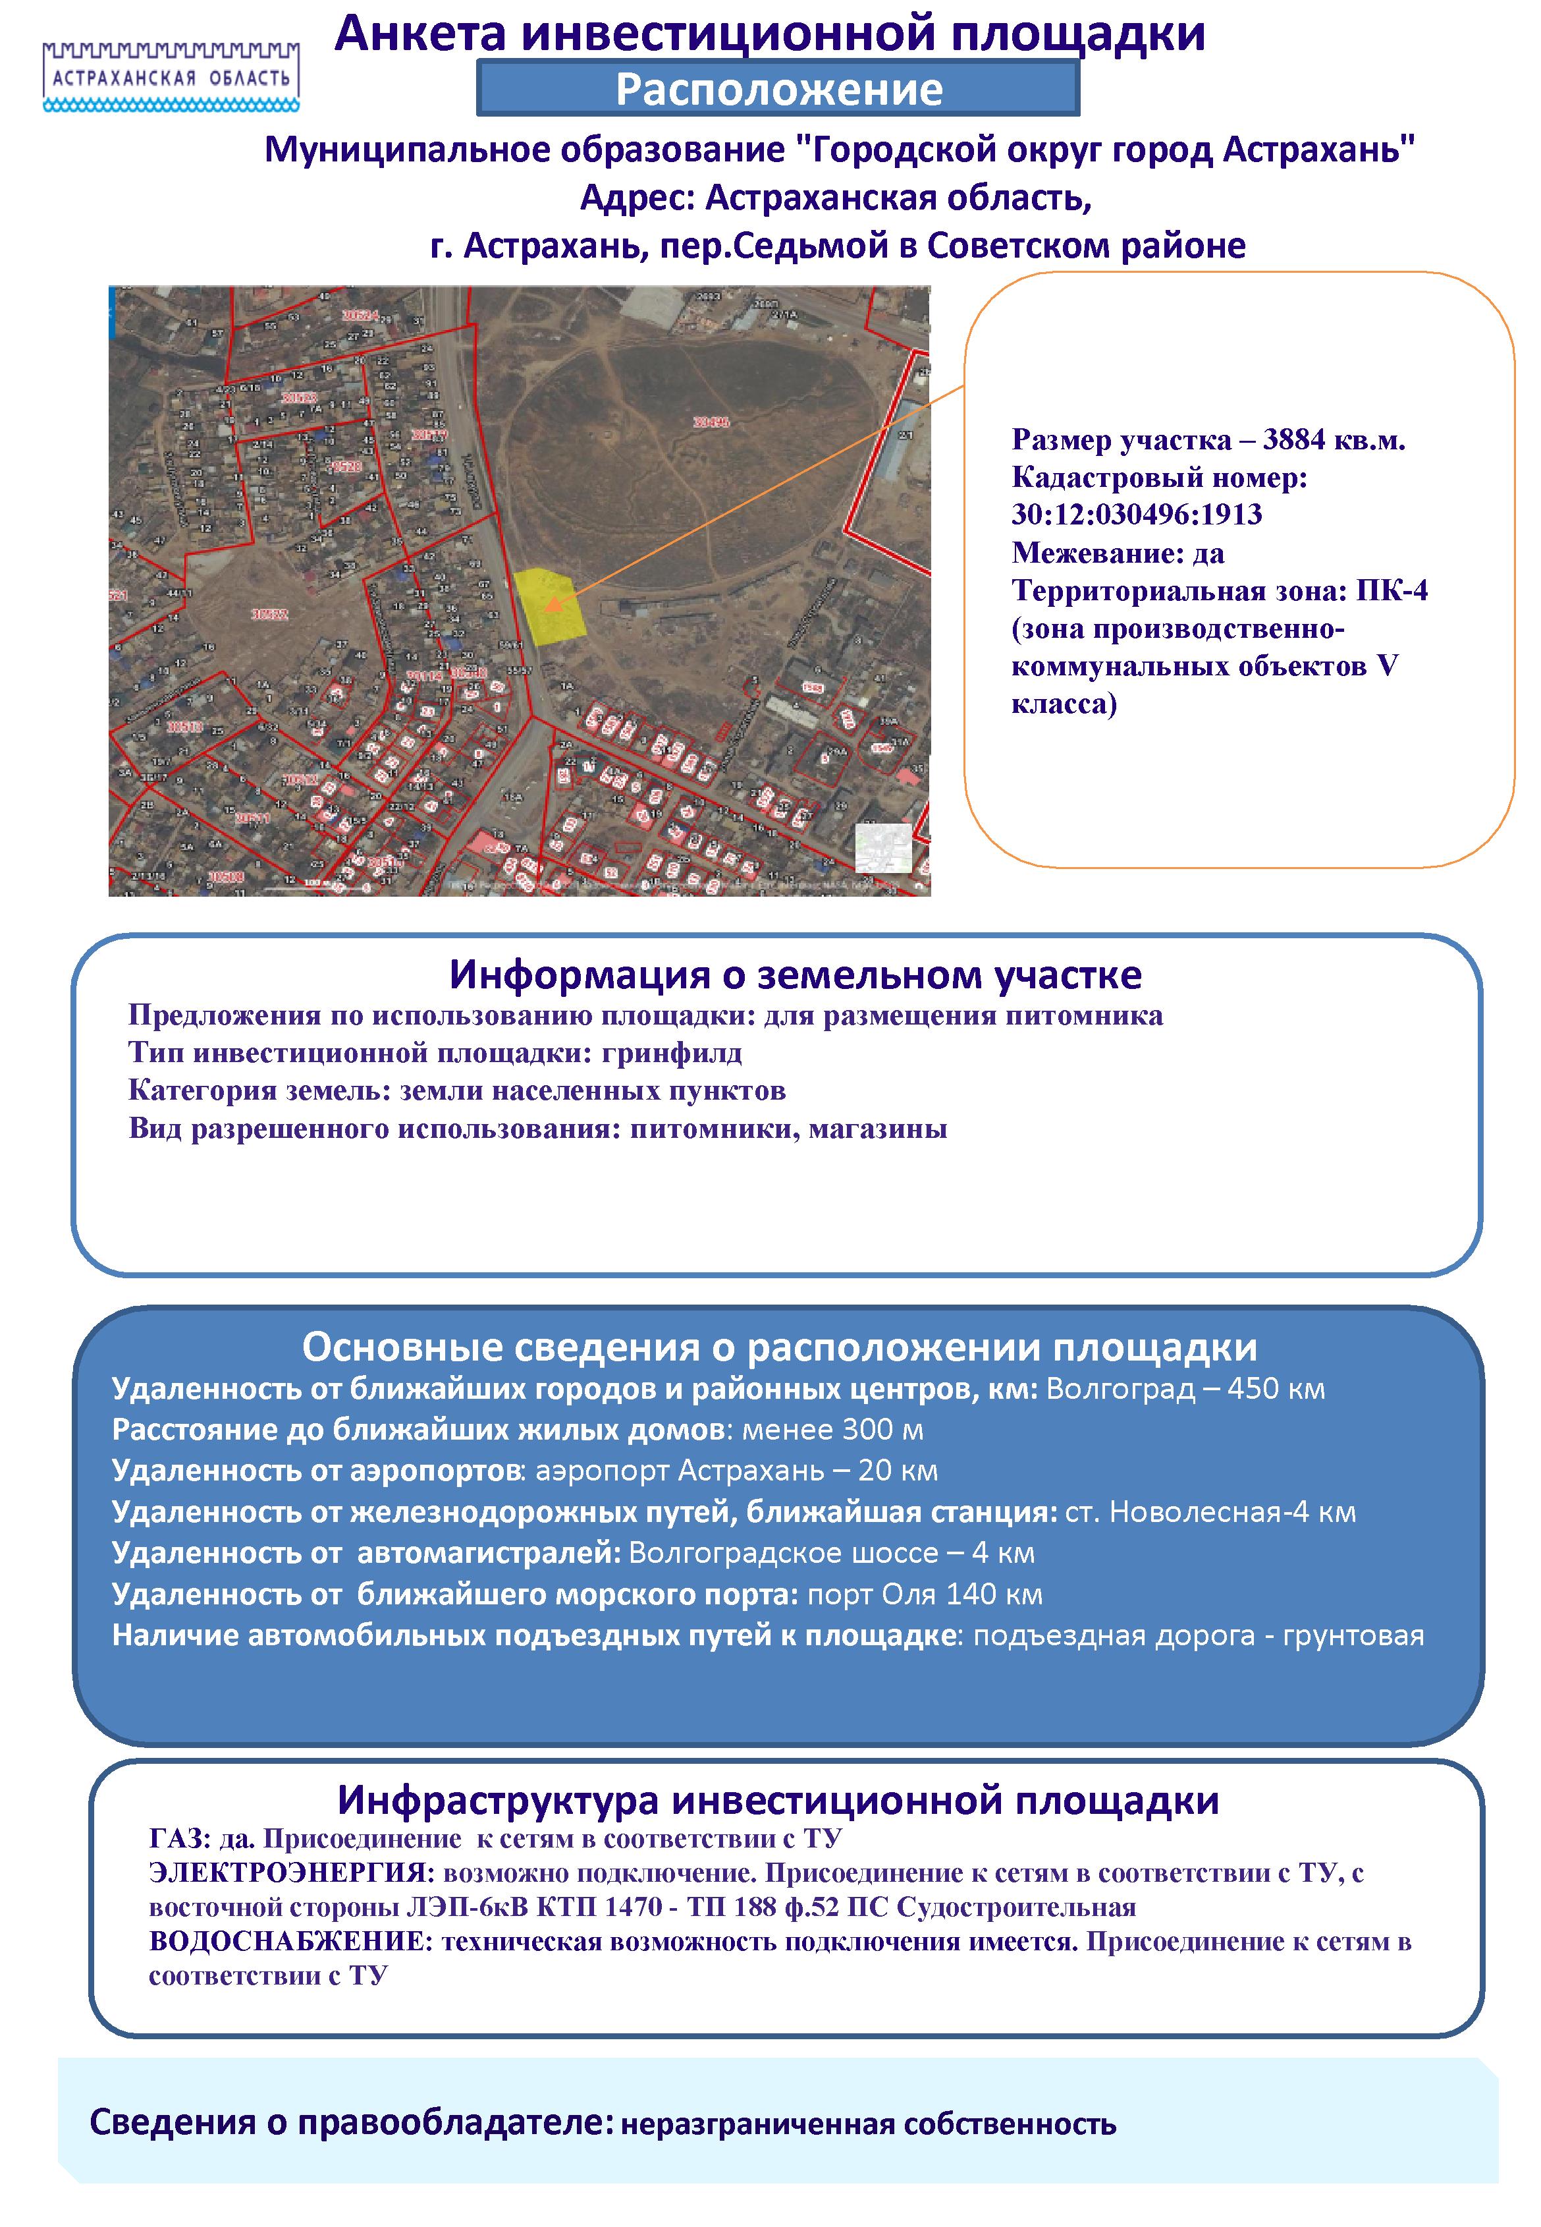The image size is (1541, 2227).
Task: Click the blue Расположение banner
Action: (x=778, y=89)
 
